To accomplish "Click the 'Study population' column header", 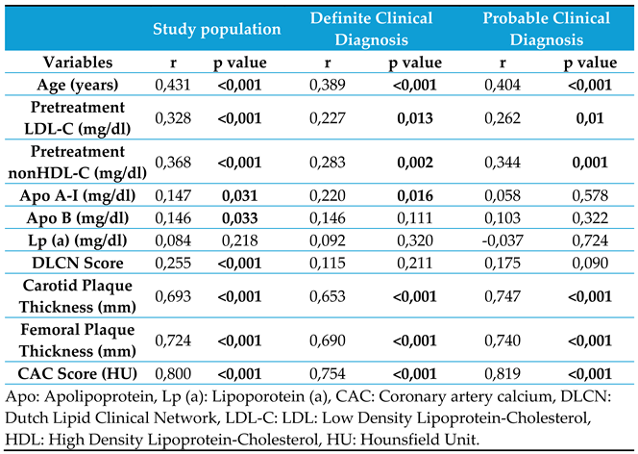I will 218,30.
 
